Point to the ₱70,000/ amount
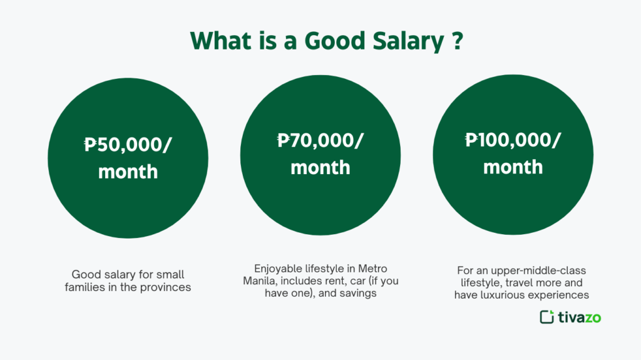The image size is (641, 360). pos(320,141)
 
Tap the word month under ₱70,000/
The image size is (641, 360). pos(320,168)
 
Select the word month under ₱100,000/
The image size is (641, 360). pos(513,167)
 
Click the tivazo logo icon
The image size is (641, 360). pos(546,317)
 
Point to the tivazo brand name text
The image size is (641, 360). pos(578,317)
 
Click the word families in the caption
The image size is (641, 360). pos(86,287)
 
